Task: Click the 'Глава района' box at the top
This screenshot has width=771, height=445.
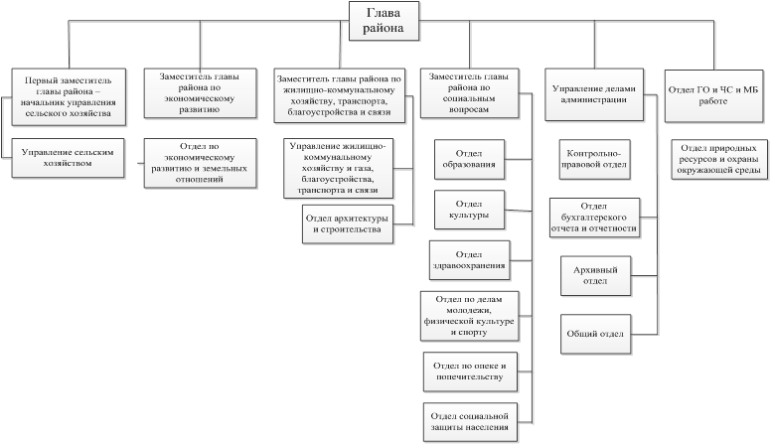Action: click(x=384, y=21)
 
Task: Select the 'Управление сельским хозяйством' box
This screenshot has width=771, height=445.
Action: click(x=68, y=158)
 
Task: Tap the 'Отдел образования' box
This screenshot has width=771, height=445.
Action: click(x=469, y=159)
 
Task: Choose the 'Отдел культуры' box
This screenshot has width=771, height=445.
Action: click(x=469, y=210)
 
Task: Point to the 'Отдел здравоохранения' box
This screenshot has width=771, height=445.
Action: click(x=469, y=260)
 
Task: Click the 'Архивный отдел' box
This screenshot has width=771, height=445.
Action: click(x=595, y=276)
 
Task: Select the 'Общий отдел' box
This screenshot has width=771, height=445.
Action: click(x=595, y=335)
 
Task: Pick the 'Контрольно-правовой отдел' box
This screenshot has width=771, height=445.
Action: click(x=594, y=159)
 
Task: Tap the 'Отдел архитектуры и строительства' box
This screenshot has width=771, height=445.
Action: click(x=348, y=224)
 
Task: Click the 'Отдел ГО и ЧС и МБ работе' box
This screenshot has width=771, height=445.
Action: click(x=713, y=96)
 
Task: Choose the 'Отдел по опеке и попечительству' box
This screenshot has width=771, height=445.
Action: click(x=470, y=371)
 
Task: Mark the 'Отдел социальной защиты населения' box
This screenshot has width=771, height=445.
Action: click(x=470, y=422)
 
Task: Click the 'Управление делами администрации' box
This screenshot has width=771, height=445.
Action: click(x=594, y=94)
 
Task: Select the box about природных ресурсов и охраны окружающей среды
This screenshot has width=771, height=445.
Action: click(x=719, y=159)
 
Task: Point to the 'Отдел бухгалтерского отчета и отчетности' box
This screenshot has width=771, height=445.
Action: click(x=594, y=218)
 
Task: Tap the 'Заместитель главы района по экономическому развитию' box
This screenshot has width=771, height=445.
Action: click(x=200, y=93)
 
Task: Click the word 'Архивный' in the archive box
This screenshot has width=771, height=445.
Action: click(x=595, y=270)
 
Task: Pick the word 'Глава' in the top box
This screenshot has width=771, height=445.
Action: click(x=384, y=13)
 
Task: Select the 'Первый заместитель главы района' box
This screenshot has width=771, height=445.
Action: click(x=69, y=97)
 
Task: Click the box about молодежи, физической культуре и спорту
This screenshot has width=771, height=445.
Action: click(x=470, y=316)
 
